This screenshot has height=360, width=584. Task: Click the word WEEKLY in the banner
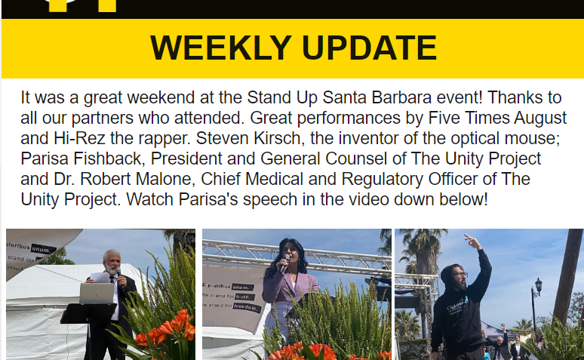pyautogui.click(x=220, y=48)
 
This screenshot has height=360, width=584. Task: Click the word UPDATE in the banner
pyautogui.click(x=369, y=48)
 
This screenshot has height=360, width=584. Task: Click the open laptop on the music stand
pyautogui.click(x=97, y=294)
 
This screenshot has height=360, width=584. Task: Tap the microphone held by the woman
pyautogui.click(x=284, y=263)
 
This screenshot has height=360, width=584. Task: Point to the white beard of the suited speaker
pyautogui.click(x=111, y=269)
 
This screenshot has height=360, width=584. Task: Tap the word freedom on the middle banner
pyautogui.click(x=247, y=308)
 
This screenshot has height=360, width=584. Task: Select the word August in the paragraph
pyautogui.click(x=540, y=118)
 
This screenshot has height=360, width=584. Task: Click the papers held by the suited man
pyautogui.click(x=100, y=278)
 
